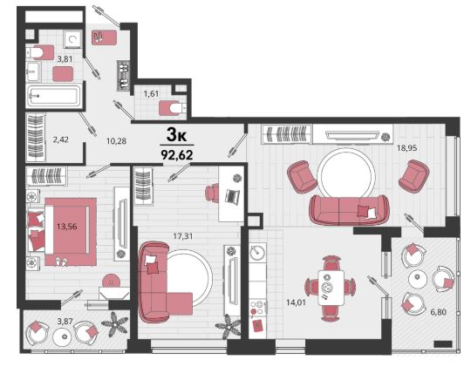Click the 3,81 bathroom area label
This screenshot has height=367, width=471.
pos(65,59)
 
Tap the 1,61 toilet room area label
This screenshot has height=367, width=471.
pos(151,93)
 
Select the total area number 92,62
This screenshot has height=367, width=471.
pos(177,155)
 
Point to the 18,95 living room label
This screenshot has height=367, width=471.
pos(407,148)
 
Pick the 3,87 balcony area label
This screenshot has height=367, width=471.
pos(65,321)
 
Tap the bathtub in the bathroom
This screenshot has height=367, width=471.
pos(53,96)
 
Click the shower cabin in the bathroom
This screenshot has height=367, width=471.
pos(72,39)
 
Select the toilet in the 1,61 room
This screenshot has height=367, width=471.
pos(173,108)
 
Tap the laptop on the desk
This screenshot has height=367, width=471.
pos(233,196)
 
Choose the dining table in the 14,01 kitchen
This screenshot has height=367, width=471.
pos(331,288)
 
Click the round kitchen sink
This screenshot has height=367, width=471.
pos(257,252)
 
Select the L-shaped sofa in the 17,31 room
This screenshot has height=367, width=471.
pos(162,282)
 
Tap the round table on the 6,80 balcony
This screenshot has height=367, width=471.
pos(418,278)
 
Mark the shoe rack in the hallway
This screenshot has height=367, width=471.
pos(123,75)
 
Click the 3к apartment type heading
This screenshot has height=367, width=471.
pos(176,135)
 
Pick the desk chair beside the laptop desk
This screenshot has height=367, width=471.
pos(213,193)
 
